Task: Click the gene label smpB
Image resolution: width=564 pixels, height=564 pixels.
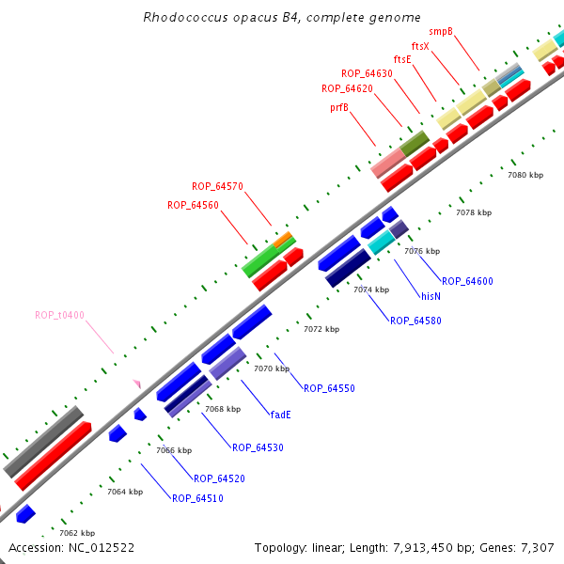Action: (x=441, y=31)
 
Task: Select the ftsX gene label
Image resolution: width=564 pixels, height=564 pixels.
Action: (x=420, y=45)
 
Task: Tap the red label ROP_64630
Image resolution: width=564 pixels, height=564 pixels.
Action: (x=367, y=73)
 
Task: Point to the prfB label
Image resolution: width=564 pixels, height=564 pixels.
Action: (x=339, y=107)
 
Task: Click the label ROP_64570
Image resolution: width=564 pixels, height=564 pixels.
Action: (x=217, y=186)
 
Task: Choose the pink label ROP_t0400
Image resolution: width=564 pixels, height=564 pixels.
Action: (x=59, y=315)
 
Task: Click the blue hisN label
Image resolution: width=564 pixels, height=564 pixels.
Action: (x=431, y=295)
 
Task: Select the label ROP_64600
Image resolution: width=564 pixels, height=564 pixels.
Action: (x=467, y=281)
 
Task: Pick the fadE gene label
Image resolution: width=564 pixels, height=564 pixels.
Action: (x=280, y=414)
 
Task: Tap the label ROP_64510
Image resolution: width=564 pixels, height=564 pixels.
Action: (x=197, y=498)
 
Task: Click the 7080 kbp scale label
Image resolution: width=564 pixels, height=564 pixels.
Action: (x=525, y=175)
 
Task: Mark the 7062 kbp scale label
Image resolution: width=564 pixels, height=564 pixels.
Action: (x=77, y=533)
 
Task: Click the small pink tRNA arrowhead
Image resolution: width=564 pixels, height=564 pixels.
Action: (x=137, y=383)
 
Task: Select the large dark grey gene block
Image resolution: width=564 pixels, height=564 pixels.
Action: (x=43, y=442)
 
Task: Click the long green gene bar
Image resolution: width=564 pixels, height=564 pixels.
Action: (x=263, y=256)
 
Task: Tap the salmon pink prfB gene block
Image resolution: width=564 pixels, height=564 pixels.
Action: (x=387, y=163)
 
